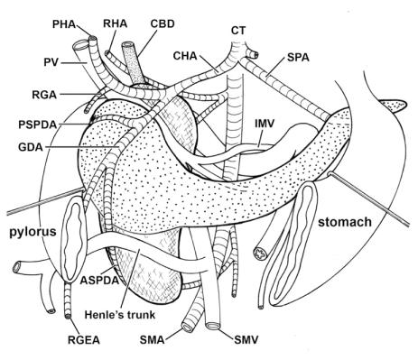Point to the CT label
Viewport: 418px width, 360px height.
[x=238, y=31]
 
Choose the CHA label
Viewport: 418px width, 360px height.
[x=189, y=56]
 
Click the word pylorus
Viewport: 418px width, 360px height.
[x=33, y=232]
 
